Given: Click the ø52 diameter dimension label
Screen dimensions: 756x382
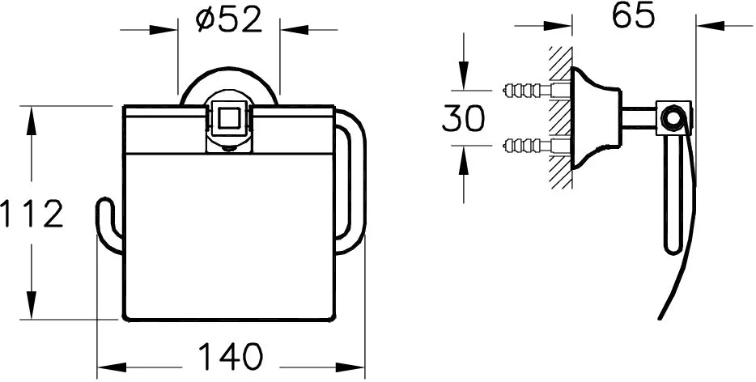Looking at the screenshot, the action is pyautogui.click(x=229, y=21).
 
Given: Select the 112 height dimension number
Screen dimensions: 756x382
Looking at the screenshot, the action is pyautogui.click(x=32, y=214).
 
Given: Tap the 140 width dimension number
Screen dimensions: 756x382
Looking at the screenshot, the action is pyautogui.click(x=231, y=356).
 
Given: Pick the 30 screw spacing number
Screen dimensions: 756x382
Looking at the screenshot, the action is pyautogui.click(x=464, y=118).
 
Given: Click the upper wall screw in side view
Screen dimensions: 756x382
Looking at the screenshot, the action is pyautogui.click(x=536, y=90).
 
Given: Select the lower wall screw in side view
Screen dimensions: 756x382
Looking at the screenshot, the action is pyautogui.click(x=536, y=144).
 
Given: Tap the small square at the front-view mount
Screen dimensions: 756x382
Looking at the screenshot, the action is pyautogui.click(x=227, y=117).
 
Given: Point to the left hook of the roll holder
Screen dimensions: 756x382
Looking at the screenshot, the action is pyautogui.click(x=108, y=225).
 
